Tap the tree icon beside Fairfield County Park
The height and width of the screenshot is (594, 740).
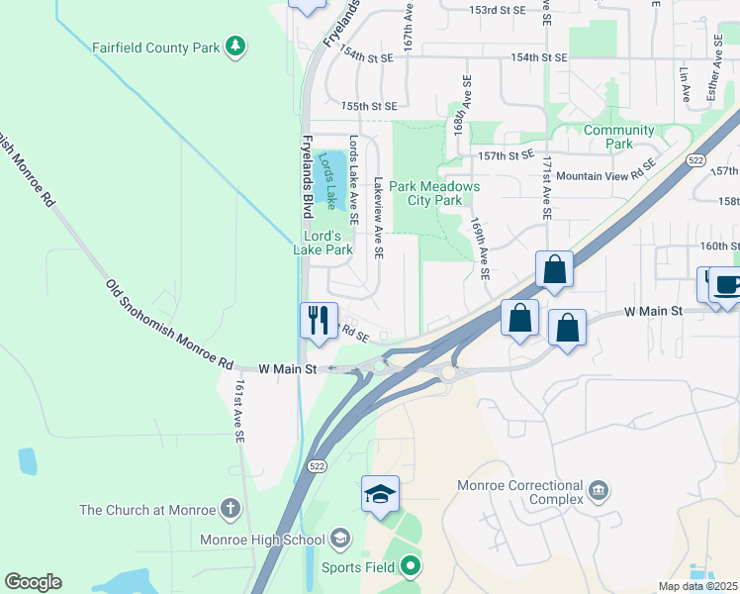click(x=234, y=46)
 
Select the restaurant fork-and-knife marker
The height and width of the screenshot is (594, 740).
click(x=318, y=320)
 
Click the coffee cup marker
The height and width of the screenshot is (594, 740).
click(x=725, y=285)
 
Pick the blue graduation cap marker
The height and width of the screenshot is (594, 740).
click(x=380, y=496)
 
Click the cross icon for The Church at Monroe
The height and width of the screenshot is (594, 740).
click(x=230, y=510)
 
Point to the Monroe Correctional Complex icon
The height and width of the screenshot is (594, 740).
click(x=598, y=490)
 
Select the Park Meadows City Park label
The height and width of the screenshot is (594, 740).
click(x=434, y=193)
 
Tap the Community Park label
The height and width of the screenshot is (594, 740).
click(x=619, y=137)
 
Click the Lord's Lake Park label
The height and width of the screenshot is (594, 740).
click(x=324, y=243)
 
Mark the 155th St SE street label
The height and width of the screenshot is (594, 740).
click(x=368, y=106)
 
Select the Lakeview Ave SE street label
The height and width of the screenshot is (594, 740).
click(x=378, y=217)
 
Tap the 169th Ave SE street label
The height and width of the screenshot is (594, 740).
click(x=481, y=249)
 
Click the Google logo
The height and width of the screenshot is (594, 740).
click(x=33, y=582)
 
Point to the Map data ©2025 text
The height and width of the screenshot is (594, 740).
click(x=697, y=587)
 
